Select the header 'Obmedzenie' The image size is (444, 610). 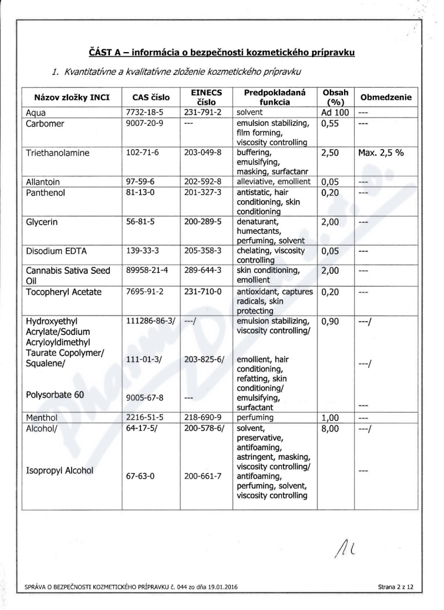coord(386,98)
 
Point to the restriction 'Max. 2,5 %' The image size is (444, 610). coord(381,151)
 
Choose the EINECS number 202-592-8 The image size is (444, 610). coord(203,181)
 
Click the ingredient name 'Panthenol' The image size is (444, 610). coord(47,191)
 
